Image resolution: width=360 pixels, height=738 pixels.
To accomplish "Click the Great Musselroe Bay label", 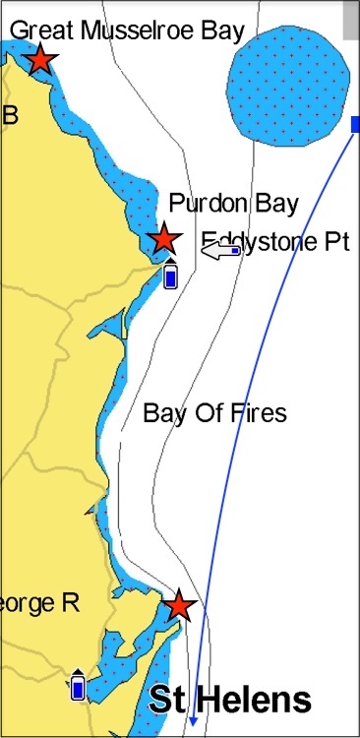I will (127, 31).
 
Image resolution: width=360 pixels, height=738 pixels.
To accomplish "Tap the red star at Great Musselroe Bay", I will (39, 59).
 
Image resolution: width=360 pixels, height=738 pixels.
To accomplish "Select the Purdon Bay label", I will (233, 204).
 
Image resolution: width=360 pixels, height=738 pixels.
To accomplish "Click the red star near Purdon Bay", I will (163, 238).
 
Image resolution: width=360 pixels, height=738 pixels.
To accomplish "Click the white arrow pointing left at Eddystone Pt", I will (221, 252).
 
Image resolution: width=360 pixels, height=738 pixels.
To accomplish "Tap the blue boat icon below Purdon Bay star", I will (170, 277).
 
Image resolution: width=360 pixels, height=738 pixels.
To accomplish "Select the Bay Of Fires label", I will (214, 412).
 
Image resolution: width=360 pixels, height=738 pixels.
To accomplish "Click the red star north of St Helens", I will (178, 605).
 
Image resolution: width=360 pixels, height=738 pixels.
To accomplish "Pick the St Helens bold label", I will (229, 701).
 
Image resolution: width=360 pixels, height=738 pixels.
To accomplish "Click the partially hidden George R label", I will (39, 602).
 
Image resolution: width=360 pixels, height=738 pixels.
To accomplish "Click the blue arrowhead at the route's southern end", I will (194, 722).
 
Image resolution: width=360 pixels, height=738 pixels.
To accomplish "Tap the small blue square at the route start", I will (355, 124).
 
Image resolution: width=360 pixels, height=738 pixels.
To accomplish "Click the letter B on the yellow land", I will (11, 116).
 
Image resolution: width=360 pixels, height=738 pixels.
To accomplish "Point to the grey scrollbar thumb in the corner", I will (351, 20).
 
